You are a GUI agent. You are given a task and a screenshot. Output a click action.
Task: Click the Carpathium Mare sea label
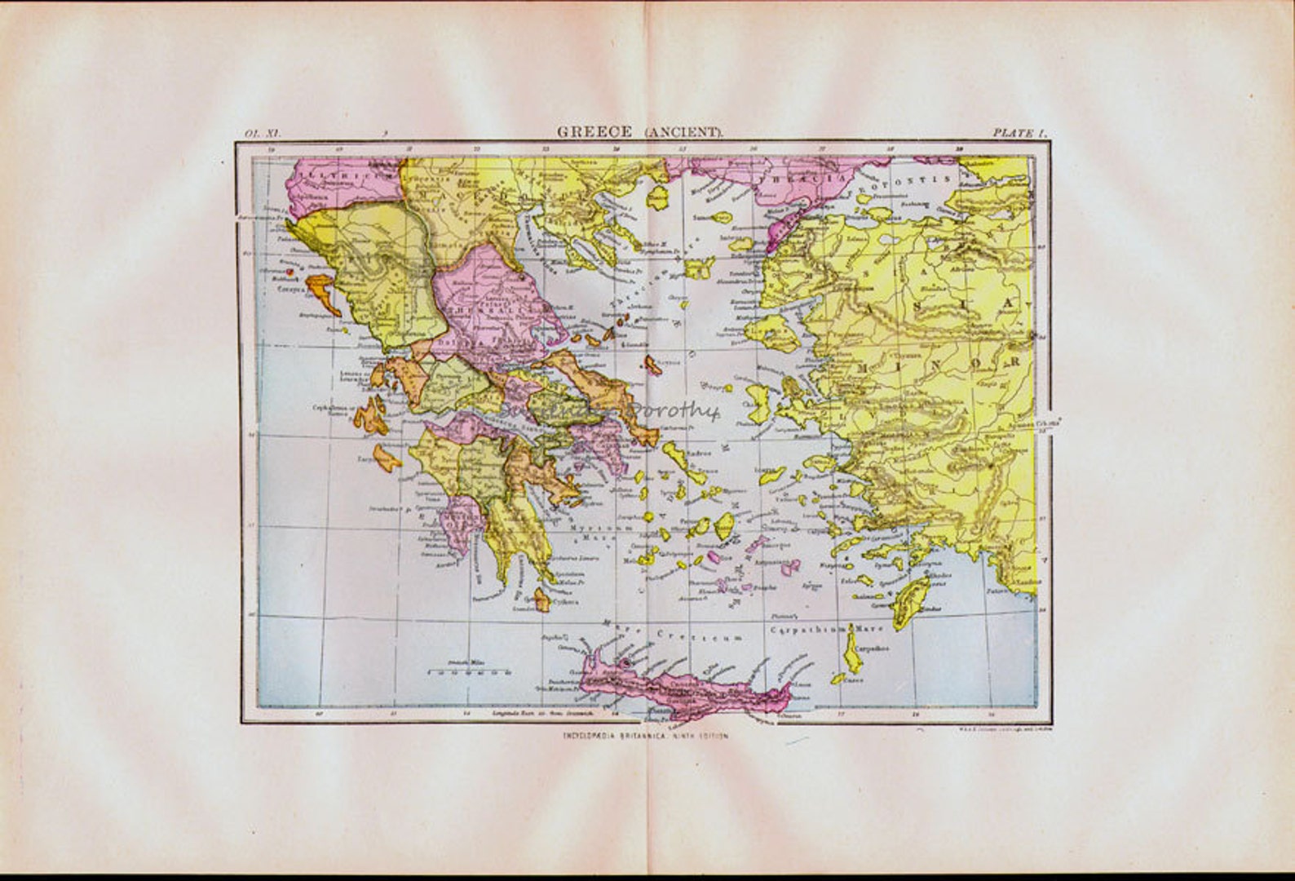point(807,630)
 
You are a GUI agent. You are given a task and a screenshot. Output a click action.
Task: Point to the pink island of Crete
point(685,690)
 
